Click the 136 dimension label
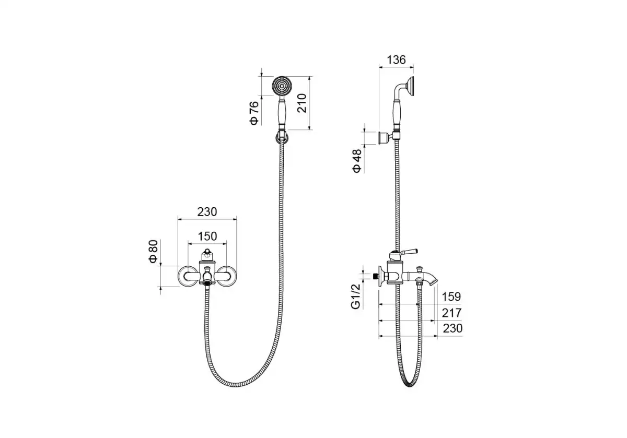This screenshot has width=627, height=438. pyautogui.click(x=396, y=60)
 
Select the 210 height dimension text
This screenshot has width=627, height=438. pyautogui.click(x=302, y=103)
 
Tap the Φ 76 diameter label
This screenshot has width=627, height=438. pyautogui.click(x=254, y=113)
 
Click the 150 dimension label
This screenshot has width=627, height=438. pyautogui.click(x=207, y=236)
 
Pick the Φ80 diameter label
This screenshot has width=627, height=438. pyautogui.click(x=154, y=252)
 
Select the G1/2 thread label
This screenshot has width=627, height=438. pyautogui.click(x=355, y=296)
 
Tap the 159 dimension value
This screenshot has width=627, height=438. pyautogui.click(x=451, y=297)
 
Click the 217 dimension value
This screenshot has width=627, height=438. pyautogui.click(x=451, y=313)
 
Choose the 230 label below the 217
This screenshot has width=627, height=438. pyautogui.click(x=452, y=328)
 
